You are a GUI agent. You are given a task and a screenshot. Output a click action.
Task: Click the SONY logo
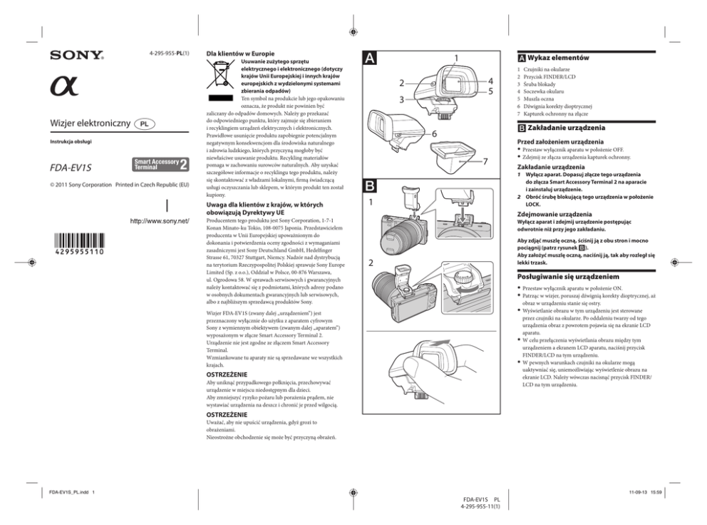pyautogui.click(x=77, y=56)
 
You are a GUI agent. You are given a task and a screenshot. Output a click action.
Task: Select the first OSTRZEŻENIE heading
pyautogui.click(x=227, y=374)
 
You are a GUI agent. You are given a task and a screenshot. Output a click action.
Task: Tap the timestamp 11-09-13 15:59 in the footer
pyautogui.click(x=646, y=492)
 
